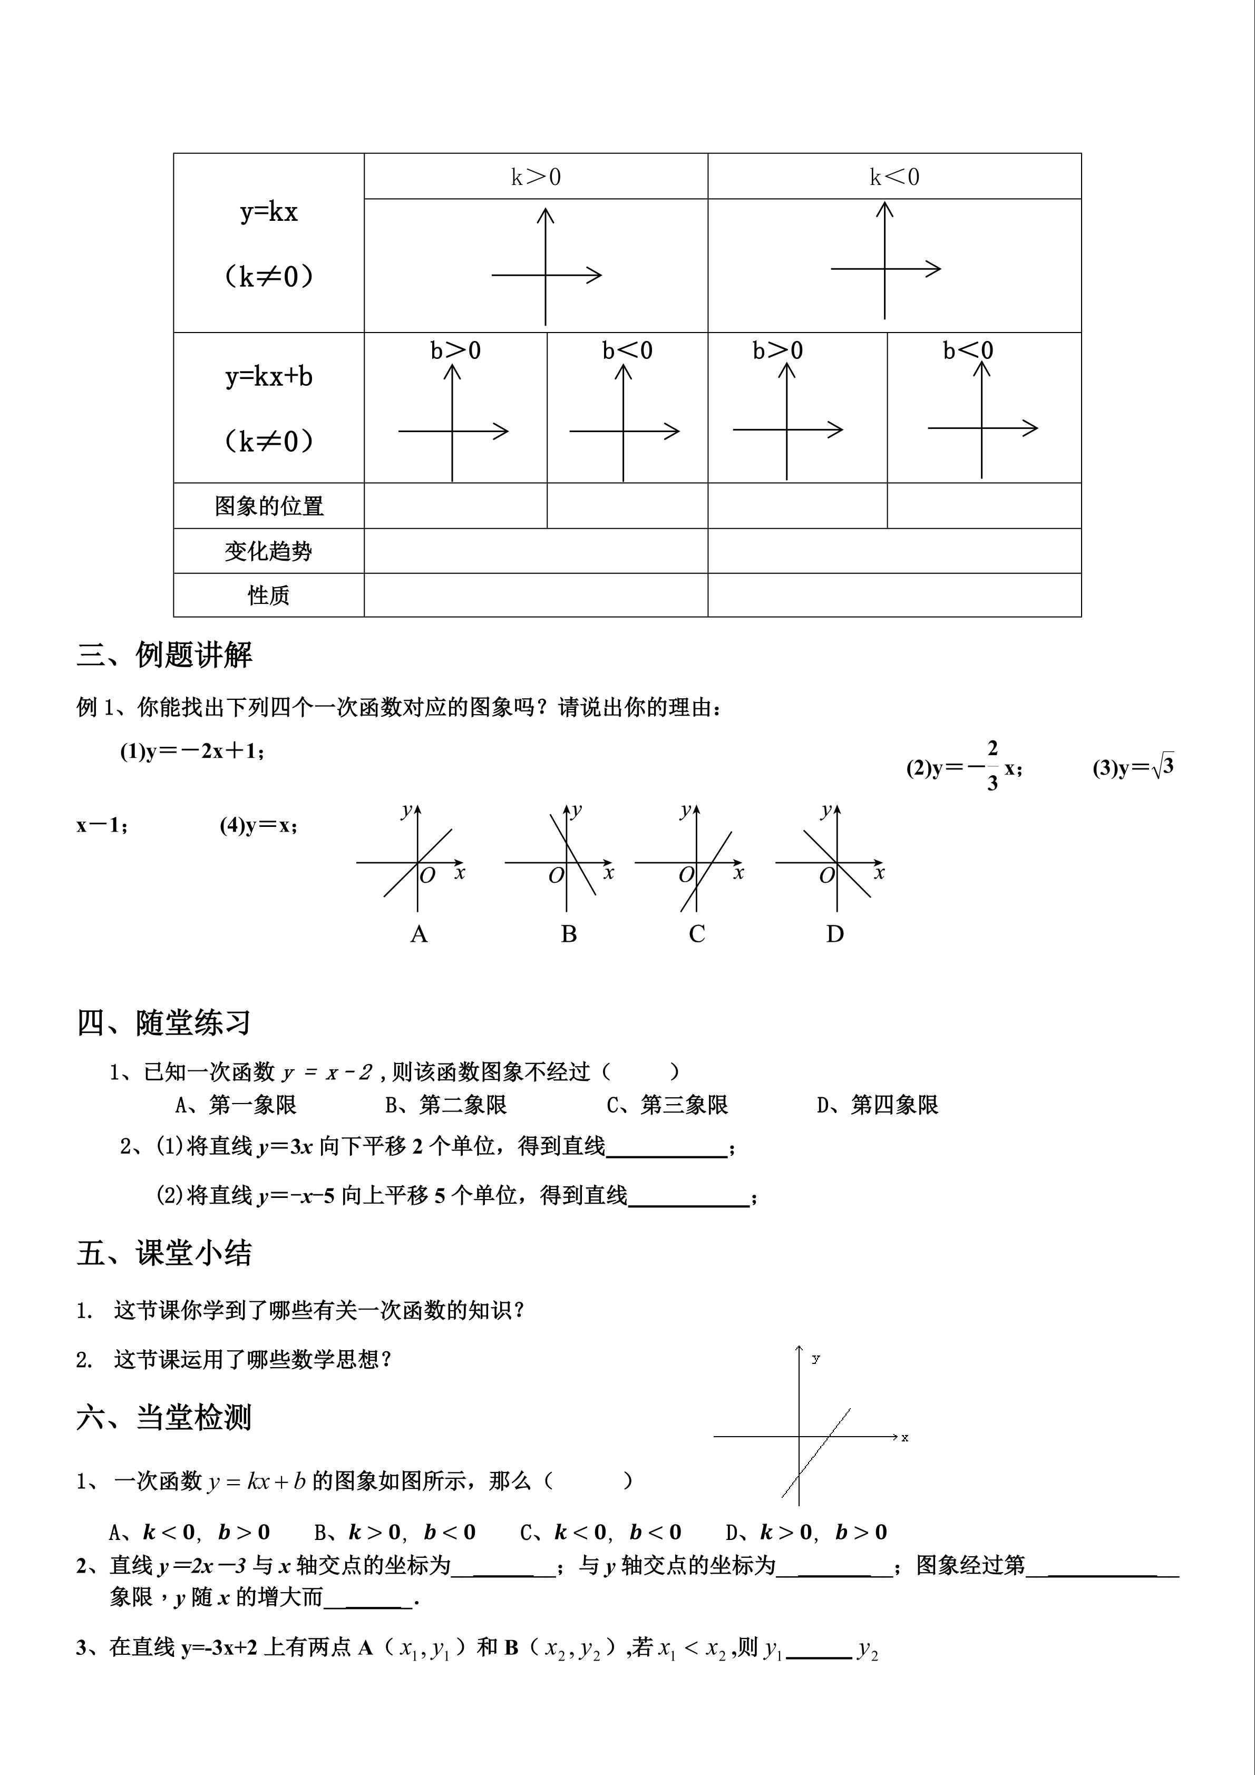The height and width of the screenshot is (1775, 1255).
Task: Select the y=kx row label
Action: click(268, 212)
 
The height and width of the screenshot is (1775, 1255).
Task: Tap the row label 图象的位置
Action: click(268, 506)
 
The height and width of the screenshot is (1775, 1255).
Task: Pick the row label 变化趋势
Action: click(268, 551)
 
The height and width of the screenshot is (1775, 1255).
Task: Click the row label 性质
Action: click(268, 596)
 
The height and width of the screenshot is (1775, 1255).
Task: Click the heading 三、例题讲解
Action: click(164, 655)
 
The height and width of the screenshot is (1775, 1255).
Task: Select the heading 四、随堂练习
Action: click(164, 1023)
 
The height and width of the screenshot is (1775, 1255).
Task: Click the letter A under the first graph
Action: click(419, 934)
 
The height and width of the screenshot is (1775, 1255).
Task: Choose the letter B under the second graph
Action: click(568, 934)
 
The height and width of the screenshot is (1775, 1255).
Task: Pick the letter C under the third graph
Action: click(697, 934)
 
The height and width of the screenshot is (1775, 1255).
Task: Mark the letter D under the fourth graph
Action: click(834, 934)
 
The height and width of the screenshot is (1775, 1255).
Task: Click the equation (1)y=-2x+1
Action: click(192, 752)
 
